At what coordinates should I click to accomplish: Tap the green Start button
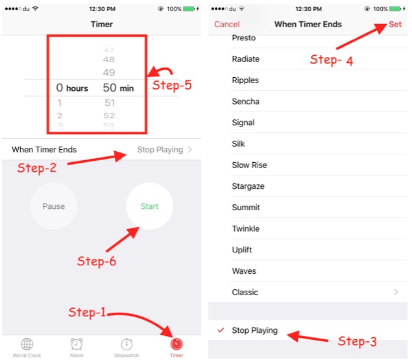coord(149,206)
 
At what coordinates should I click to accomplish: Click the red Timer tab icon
coord(176,344)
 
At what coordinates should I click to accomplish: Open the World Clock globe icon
coord(27,344)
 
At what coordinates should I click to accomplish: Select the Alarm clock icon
coord(77,344)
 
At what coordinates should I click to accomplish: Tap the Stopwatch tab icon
coord(127,344)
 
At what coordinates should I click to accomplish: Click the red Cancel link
coord(226,25)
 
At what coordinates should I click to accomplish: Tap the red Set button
coord(395,25)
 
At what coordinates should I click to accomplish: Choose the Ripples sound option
coord(245,80)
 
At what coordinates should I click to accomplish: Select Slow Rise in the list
coord(249,165)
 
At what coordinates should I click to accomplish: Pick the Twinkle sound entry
coord(245,228)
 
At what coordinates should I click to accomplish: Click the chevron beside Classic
coord(396,292)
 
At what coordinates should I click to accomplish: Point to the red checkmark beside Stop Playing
coord(221,330)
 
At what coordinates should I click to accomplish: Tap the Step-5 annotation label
coord(172,86)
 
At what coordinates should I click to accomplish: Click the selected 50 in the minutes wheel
coord(110,88)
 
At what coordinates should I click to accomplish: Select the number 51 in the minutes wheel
coord(110,102)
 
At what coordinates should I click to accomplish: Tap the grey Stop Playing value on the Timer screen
coord(160,150)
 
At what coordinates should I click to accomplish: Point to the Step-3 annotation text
coord(357,341)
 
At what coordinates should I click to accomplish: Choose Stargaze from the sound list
coord(248,186)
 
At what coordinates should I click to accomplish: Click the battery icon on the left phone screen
coord(189,9)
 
